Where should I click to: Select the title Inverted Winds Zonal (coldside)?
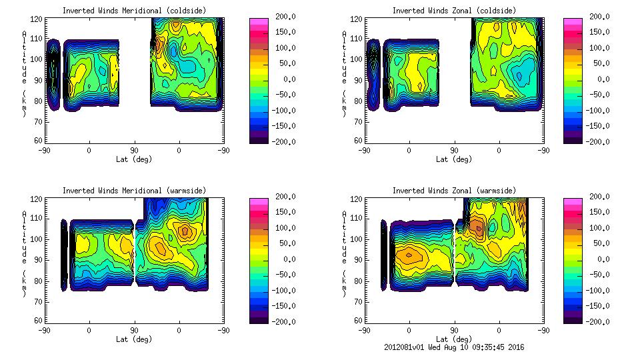click(453, 11)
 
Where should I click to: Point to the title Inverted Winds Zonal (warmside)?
click(453, 191)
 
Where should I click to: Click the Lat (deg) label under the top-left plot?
click(133, 159)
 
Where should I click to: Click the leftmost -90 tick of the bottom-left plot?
click(45, 331)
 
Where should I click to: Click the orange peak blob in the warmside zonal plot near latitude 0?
click(409, 254)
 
